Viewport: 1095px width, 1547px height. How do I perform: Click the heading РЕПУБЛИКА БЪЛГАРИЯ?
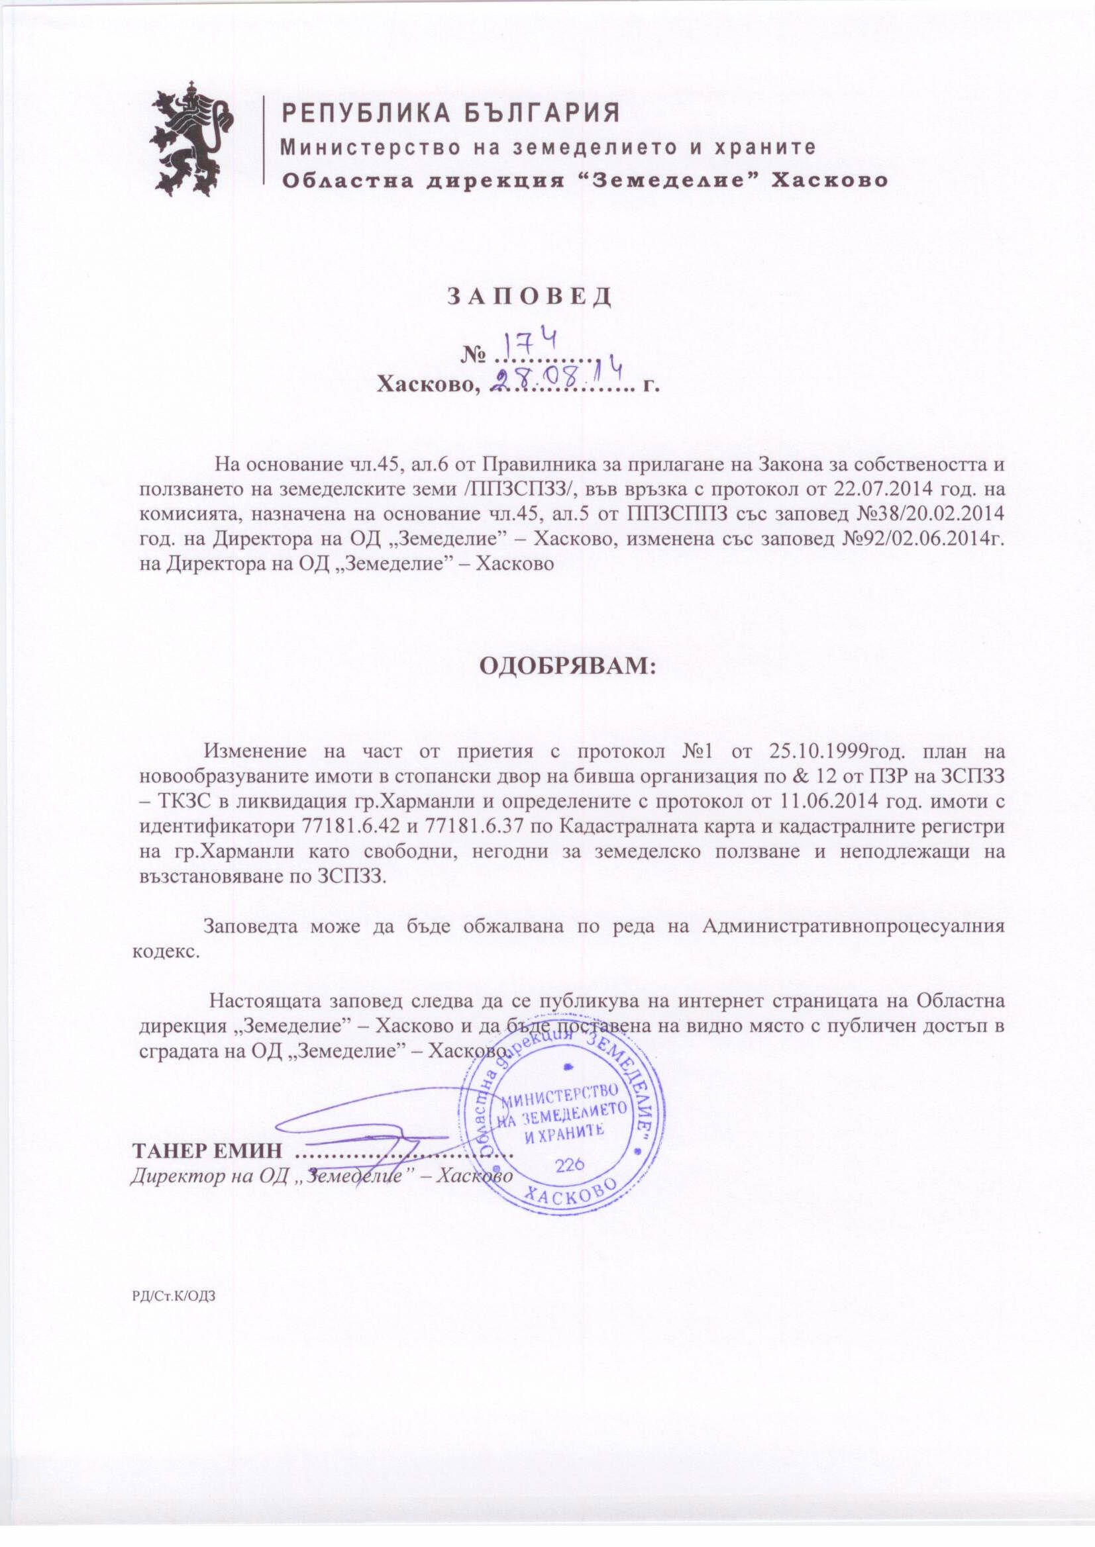pos(450,113)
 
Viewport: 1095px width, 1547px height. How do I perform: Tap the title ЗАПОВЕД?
pos(530,297)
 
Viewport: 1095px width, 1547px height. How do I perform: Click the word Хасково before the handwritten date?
pos(427,385)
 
